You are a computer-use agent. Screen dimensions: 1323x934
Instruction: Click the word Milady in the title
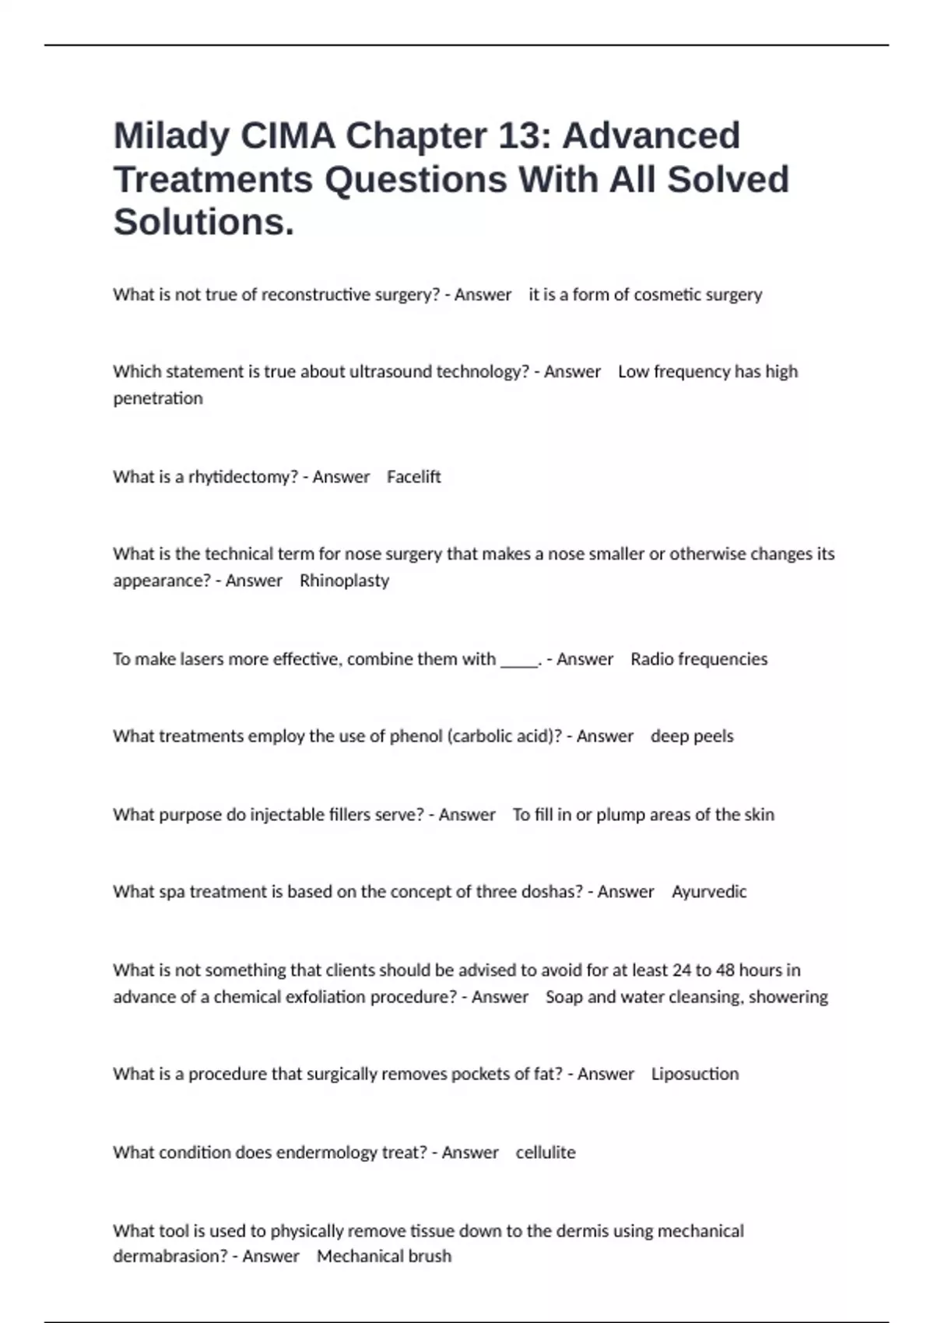click(171, 137)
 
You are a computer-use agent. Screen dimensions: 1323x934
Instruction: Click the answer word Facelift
click(413, 476)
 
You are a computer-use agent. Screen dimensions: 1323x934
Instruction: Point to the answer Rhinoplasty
click(344, 581)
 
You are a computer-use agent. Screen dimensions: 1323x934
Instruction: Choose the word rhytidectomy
click(243, 476)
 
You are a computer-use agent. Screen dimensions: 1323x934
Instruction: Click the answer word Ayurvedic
click(708, 892)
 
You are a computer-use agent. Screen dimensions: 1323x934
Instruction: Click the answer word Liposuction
click(695, 1074)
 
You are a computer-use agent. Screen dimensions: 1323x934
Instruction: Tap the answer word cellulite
click(546, 1153)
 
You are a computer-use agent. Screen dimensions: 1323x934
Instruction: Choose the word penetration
click(158, 398)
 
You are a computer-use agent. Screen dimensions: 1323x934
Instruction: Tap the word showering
click(788, 997)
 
